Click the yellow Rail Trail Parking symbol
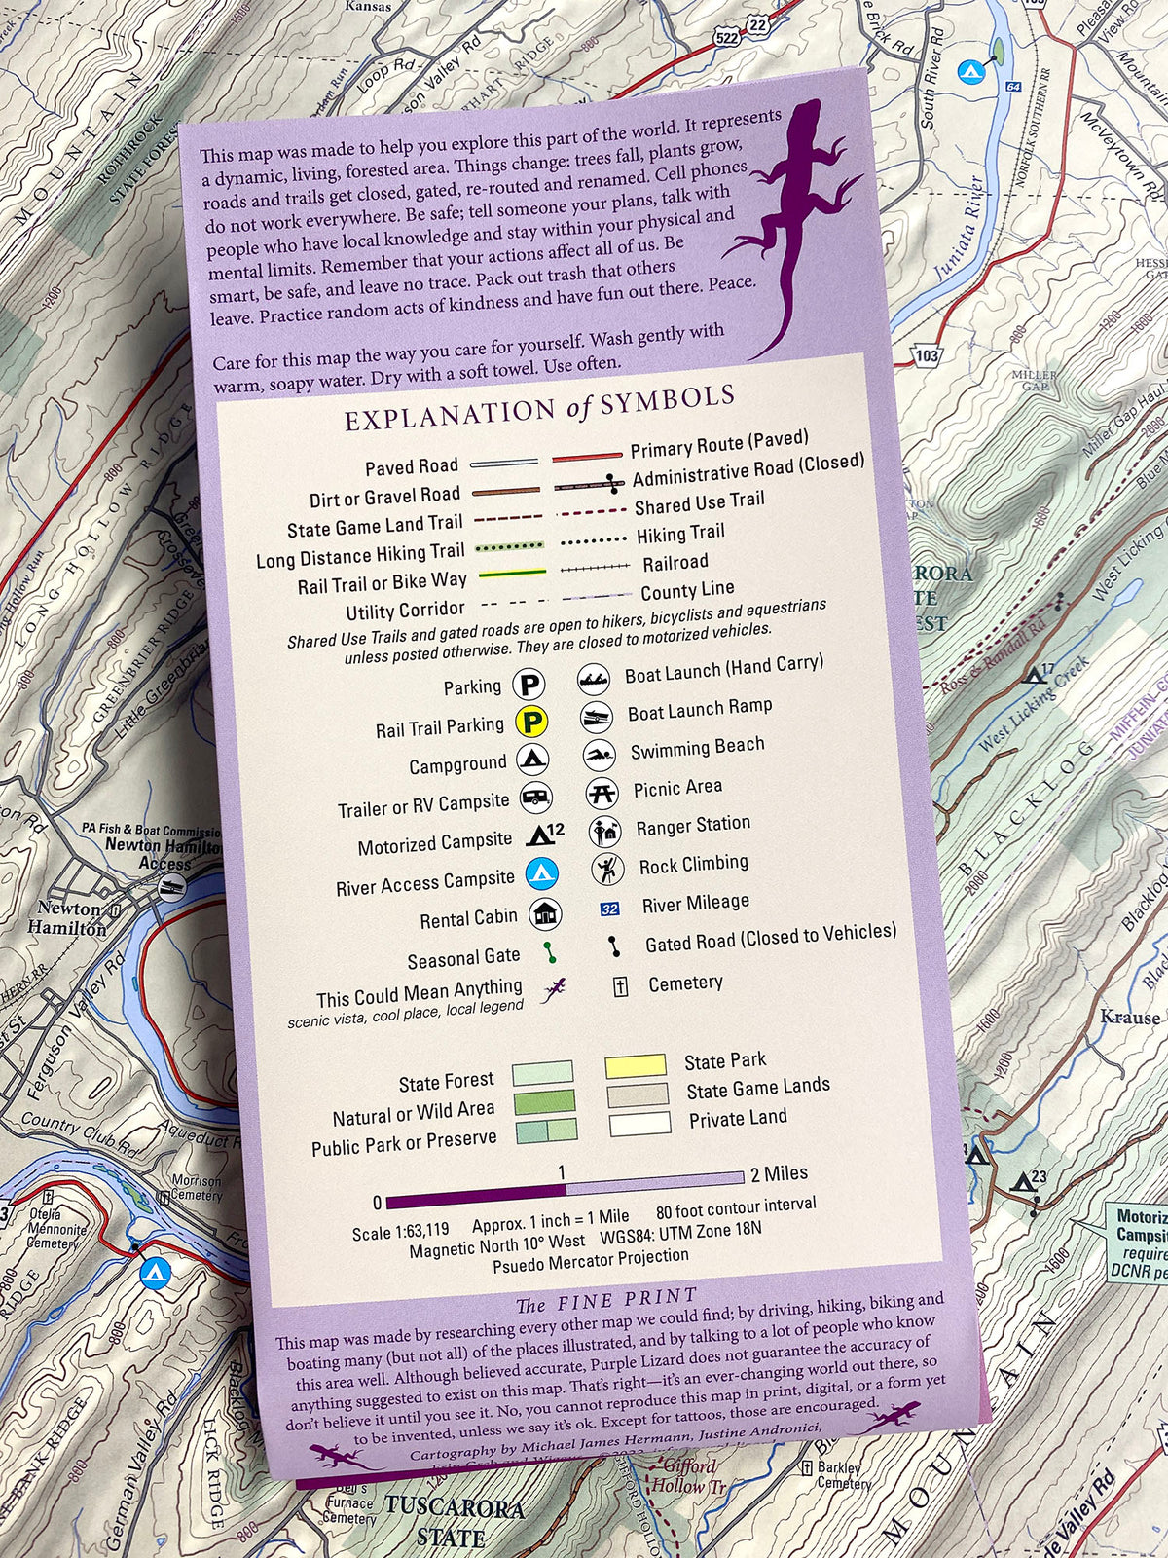(532, 722)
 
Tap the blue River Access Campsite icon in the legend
(540, 872)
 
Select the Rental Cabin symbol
(544, 914)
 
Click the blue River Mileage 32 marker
(609, 909)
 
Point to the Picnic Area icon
(602, 793)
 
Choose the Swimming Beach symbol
(599, 755)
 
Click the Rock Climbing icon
(607, 867)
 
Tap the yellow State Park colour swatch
(636, 1065)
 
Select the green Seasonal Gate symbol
(550, 952)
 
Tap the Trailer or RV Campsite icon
(535, 798)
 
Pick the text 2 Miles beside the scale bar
(779, 1173)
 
